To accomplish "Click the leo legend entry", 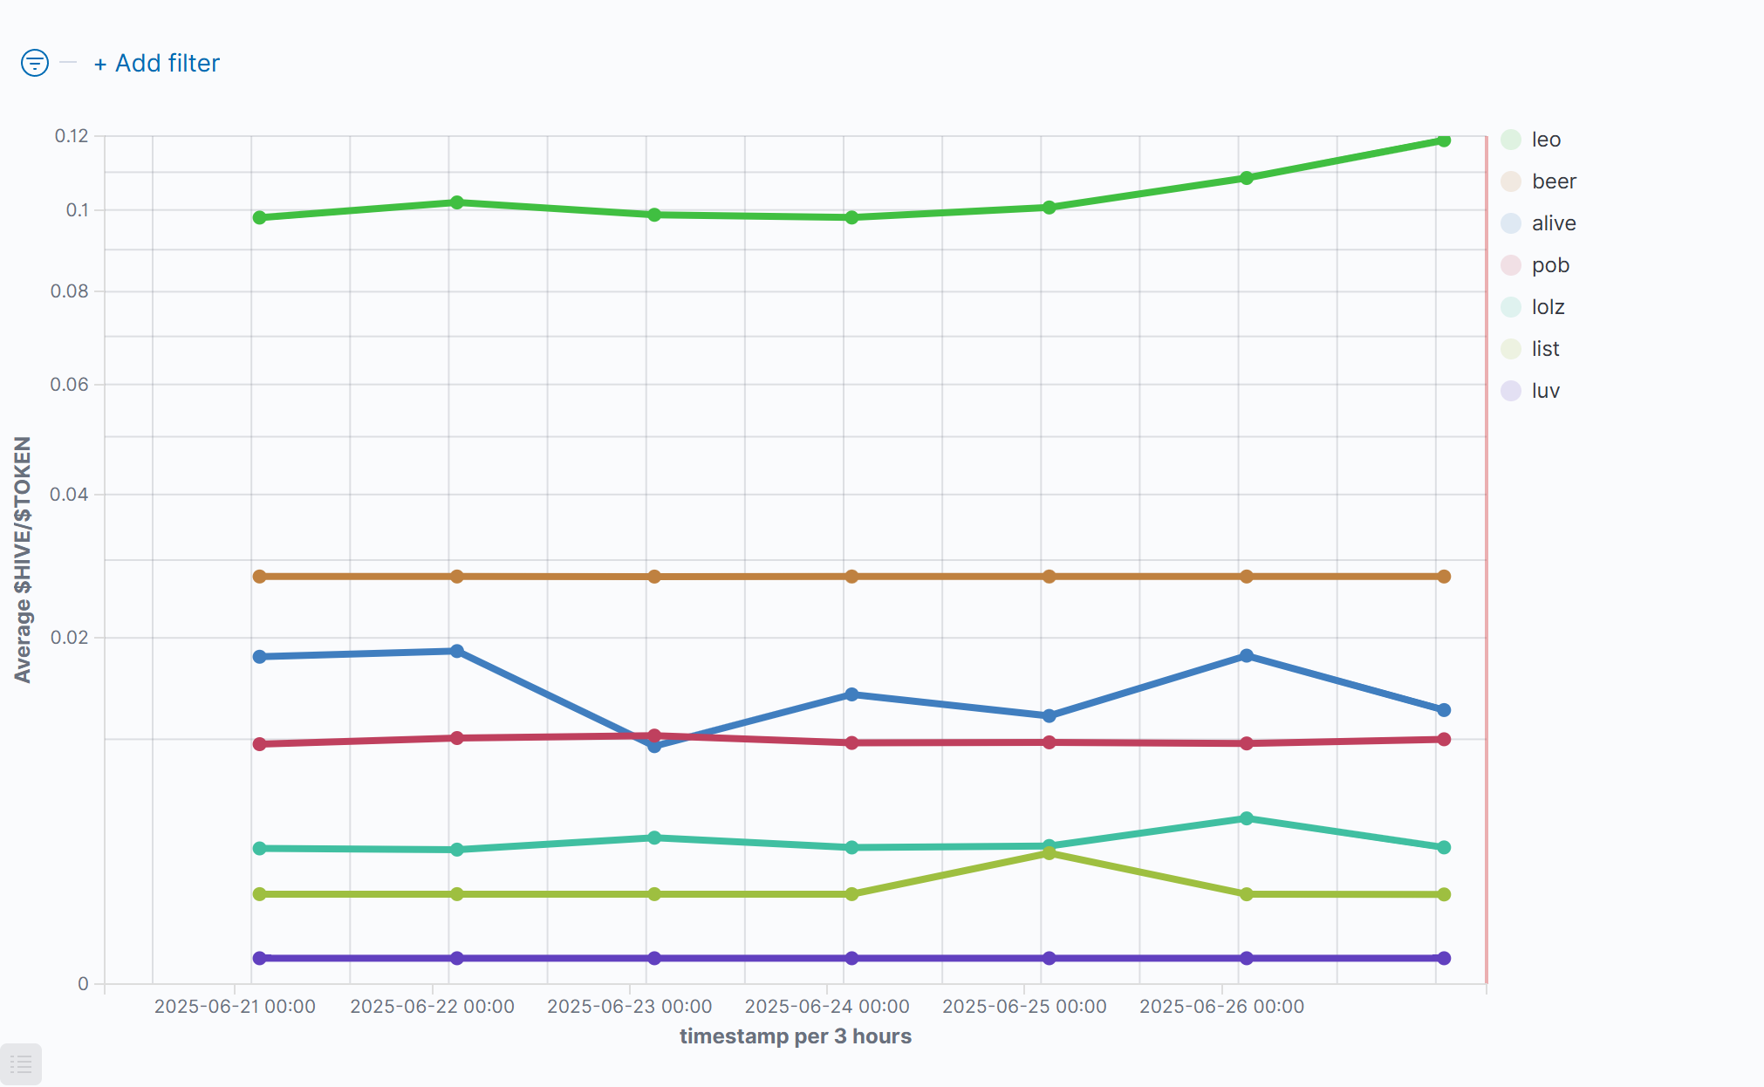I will coord(1545,140).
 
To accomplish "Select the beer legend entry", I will coord(1553,181).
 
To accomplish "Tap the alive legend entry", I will coord(1553,223).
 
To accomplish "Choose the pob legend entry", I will coord(1549,265).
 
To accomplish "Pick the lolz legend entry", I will coord(1547,307).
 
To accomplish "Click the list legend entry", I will coord(1544,349).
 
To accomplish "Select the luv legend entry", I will coord(1544,391).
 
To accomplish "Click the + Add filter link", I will coord(157,64).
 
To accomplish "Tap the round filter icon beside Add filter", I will coord(35,63).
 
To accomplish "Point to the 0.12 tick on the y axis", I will coord(72,136).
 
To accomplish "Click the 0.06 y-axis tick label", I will coord(70,385).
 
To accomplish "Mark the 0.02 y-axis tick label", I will coord(70,638).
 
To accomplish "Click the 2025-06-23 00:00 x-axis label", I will coord(629,1007).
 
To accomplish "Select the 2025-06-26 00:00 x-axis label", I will coord(1221,1007).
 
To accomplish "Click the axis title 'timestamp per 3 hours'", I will coord(795,1036).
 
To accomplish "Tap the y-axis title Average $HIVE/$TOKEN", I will coord(23,559).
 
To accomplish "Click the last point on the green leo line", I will coord(1444,140).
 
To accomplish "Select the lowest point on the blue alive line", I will coord(654,746).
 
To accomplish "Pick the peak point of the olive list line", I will coord(1050,853).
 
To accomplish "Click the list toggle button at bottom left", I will coord(21,1064).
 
